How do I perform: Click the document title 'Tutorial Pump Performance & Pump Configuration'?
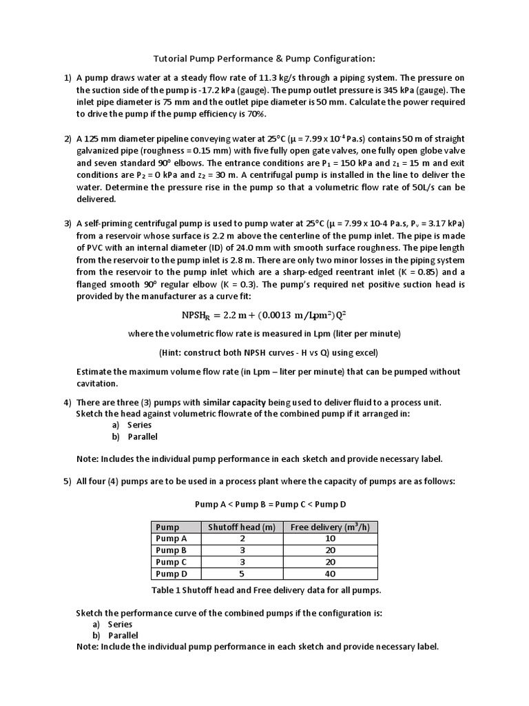[264, 59]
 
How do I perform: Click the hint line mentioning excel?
[264, 352]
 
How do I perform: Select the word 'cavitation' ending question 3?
[97, 383]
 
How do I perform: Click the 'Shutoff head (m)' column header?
[241, 527]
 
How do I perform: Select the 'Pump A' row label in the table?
[171, 538]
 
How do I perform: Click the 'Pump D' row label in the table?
[171, 574]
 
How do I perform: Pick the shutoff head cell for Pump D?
[241, 574]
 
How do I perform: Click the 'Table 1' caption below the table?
[265, 590]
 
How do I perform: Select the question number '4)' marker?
[68, 402]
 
